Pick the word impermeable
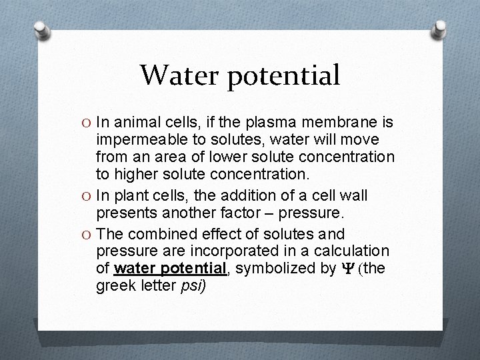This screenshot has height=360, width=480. pos(138,141)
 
